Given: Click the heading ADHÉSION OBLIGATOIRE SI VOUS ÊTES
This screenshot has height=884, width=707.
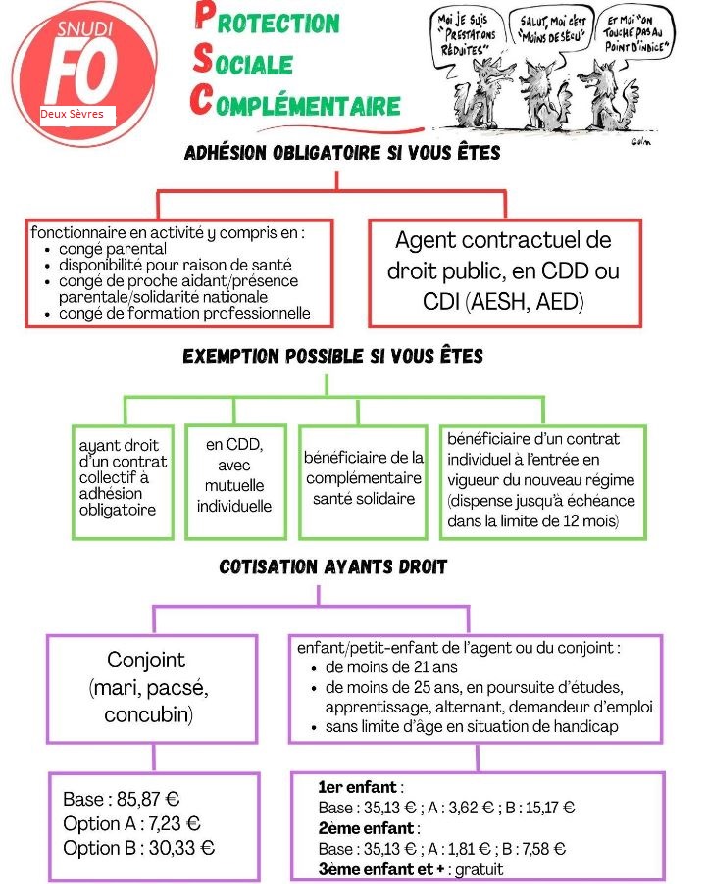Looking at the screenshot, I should tap(342, 154).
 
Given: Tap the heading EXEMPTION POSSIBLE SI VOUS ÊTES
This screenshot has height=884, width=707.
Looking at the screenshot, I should tap(333, 356).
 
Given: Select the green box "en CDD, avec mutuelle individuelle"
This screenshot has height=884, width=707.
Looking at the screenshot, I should tap(234, 475).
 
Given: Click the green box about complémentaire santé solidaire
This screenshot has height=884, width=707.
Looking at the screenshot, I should tap(364, 478).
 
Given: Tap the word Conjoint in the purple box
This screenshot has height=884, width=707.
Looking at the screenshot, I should tap(146, 660).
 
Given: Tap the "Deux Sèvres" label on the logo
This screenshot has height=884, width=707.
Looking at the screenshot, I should tap(72, 115).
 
